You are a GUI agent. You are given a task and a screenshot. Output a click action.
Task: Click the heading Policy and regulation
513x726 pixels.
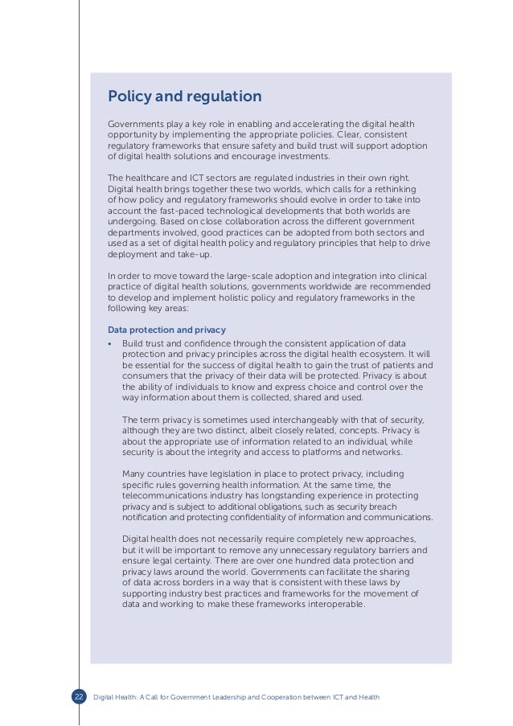pyautogui.click(x=184, y=97)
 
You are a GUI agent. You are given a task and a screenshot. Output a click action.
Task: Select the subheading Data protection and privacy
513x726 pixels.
pyautogui.click(x=166, y=330)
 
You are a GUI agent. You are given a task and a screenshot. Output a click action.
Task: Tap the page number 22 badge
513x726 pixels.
pyautogui.click(x=79, y=696)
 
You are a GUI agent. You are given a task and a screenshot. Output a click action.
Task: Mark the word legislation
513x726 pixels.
pyautogui.click(x=231, y=474)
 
